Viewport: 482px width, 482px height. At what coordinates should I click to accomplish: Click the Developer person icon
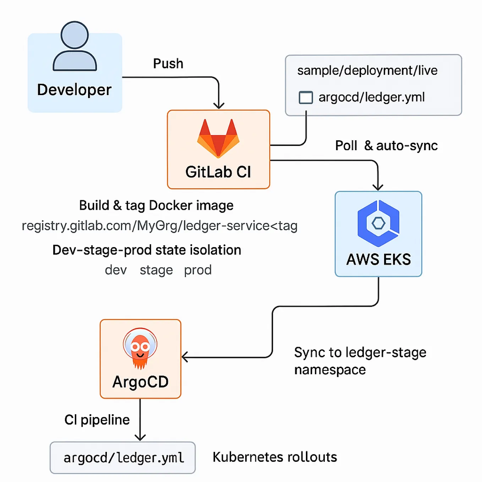click(75, 46)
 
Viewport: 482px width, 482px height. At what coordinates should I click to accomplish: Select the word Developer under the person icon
click(74, 90)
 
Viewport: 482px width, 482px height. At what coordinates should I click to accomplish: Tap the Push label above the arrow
click(168, 64)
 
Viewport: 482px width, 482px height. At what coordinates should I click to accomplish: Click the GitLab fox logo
click(218, 138)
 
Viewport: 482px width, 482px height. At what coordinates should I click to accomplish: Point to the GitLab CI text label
click(218, 172)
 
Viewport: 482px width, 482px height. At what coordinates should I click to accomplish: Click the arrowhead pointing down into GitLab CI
click(219, 105)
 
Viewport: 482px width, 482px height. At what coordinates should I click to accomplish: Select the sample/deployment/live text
click(367, 70)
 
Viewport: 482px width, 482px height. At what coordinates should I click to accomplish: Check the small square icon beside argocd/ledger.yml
click(306, 97)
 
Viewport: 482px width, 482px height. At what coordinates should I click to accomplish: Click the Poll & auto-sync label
click(386, 146)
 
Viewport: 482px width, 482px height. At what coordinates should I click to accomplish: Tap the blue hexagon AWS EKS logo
click(378, 223)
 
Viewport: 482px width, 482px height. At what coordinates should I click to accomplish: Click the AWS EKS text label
click(378, 259)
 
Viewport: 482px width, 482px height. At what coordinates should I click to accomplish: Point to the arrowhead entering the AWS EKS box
click(378, 187)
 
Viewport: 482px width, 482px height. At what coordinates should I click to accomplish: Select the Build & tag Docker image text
click(156, 206)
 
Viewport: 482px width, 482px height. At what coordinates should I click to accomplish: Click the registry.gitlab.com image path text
click(159, 226)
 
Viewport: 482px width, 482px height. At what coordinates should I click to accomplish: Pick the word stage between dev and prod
click(156, 270)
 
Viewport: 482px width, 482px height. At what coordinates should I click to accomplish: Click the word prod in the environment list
click(198, 270)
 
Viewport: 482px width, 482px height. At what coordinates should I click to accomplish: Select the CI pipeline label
click(97, 420)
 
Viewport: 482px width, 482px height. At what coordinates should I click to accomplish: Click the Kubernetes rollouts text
click(274, 457)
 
